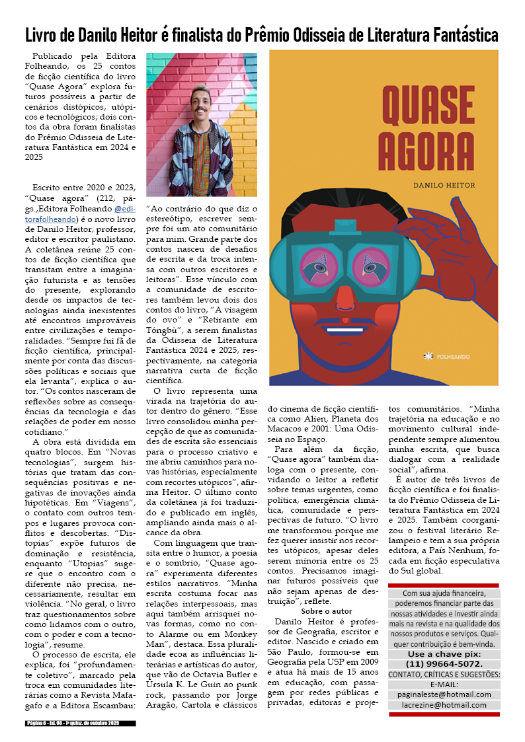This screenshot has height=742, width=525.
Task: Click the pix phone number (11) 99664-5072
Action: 444,664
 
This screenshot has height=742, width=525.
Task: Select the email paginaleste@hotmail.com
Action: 444,694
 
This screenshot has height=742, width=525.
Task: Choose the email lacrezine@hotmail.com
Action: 444,705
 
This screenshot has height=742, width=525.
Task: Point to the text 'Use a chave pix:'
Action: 444,654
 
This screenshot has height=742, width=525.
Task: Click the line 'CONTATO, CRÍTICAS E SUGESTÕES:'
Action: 444,675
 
